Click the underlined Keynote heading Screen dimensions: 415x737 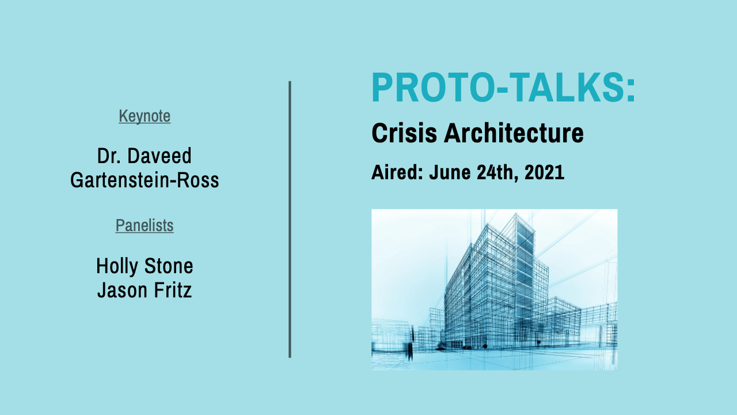(x=145, y=116)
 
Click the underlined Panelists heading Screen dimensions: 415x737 (x=145, y=225)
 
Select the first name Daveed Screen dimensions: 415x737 (x=159, y=156)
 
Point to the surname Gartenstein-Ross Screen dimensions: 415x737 (x=145, y=180)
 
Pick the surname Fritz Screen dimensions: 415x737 (x=171, y=290)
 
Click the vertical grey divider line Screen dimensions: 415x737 (x=290, y=219)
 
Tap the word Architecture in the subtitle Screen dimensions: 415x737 (x=514, y=134)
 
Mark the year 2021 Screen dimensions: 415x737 (x=545, y=172)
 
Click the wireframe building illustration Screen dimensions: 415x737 (x=494, y=289)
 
